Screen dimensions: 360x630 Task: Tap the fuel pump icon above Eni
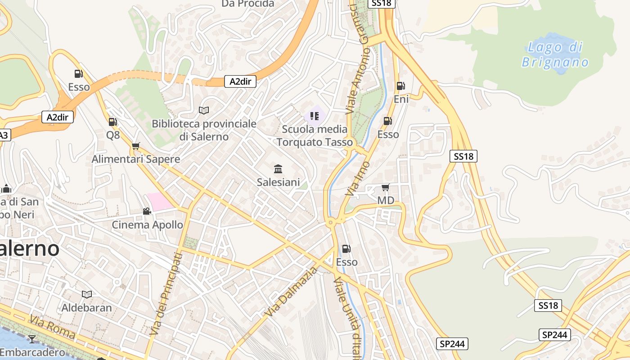pyautogui.click(x=400, y=86)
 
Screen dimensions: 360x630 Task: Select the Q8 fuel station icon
pyautogui.click(x=112, y=121)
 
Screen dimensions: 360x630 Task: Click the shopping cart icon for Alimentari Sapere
pyautogui.click(x=135, y=146)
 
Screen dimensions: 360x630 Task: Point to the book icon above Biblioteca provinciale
pyautogui.click(x=204, y=110)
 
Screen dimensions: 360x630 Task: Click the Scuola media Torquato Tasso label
pyautogui.click(x=315, y=135)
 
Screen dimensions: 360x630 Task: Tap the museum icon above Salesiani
pyautogui.click(x=278, y=169)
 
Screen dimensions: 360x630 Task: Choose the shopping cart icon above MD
pyautogui.click(x=385, y=187)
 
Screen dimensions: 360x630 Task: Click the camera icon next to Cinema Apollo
pyautogui.click(x=147, y=211)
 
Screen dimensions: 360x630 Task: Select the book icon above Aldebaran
pyautogui.click(x=87, y=294)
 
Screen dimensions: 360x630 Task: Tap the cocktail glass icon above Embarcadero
pyautogui.click(x=31, y=339)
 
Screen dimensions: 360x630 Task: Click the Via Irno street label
pyautogui.click(x=357, y=178)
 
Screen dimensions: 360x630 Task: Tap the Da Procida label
pyautogui.click(x=247, y=4)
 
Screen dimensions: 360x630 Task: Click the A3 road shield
pyautogui.click(x=4, y=135)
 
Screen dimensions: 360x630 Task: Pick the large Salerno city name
pyautogui.click(x=29, y=248)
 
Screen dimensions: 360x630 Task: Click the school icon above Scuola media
pyautogui.click(x=315, y=116)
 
